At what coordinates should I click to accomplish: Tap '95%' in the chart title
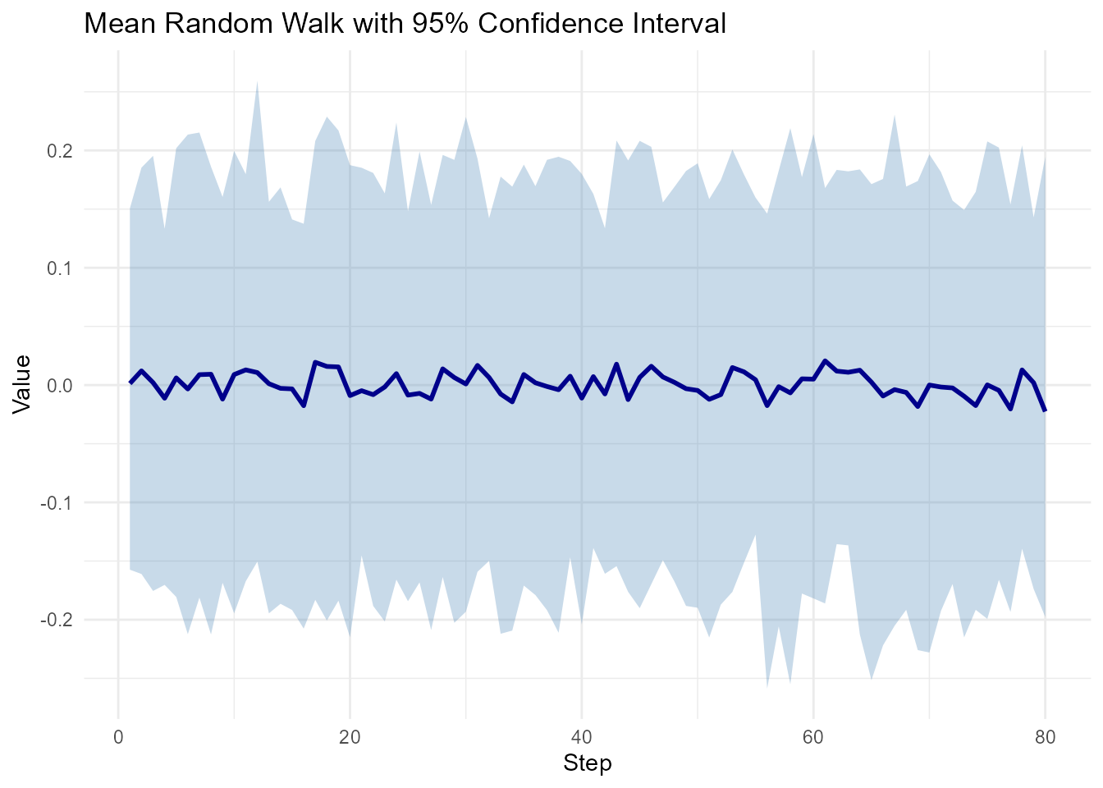click(442, 23)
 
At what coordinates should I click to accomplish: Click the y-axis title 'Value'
click(23, 384)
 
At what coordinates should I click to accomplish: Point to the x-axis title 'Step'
click(587, 764)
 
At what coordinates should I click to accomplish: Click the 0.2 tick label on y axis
click(62, 151)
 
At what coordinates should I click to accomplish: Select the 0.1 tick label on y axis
click(62, 268)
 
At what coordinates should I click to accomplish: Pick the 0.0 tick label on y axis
click(62, 385)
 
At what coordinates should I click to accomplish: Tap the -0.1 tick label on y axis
click(59, 502)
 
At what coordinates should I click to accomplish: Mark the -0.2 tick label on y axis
click(59, 620)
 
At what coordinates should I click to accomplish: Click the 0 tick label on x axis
click(118, 736)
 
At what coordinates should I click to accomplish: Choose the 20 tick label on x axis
click(350, 736)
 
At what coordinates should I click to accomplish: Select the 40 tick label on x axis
click(582, 736)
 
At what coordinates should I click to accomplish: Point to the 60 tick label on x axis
click(813, 736)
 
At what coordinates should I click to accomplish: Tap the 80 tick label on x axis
click(1045, 736)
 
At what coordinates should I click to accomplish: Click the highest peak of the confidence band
click(257, 82)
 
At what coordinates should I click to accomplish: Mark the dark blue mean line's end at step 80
click(1045, 410)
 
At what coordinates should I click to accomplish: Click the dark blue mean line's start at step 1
click(130, 383)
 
